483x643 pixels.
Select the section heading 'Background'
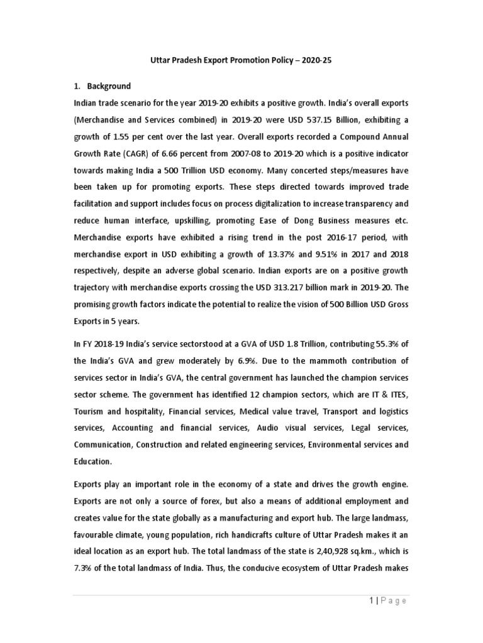(109, 86)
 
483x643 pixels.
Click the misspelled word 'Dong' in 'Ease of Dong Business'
(292, 221)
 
